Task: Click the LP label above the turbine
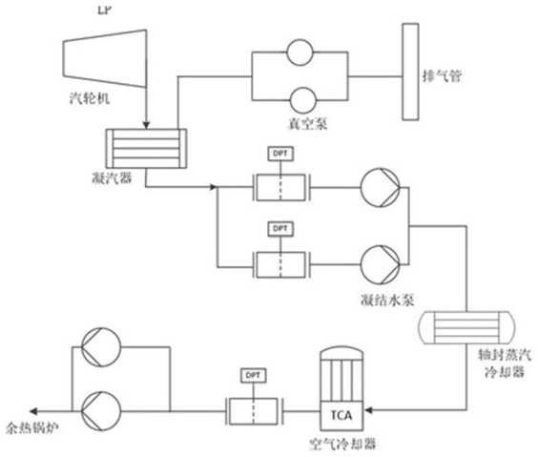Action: pyautogui.click(x=105, y=10)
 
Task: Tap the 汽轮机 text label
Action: pyautogui.click(x=90, y=98)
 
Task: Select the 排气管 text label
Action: pyautogui.click(x=442, y=75)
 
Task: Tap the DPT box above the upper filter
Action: pyautogui.click(x=280, y=154)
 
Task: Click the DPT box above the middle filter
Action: pyautogui.click(x=280, y=229)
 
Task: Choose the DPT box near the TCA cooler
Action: pyautogui.click(x=253, y=375)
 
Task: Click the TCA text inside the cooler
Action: pyautogui.click(x=341, y=415)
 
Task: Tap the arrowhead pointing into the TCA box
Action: pyautogui.click(x=368, y=410)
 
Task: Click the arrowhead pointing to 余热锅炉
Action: pyautogui.click(x=33, y=410)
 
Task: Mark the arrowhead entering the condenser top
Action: pyautogui.click(x=147, y=125)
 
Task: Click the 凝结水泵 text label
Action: pyautogui.click(x=387, y=301)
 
